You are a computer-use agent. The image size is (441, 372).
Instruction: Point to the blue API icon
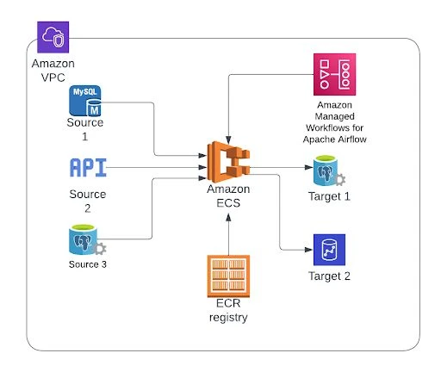pos(88,166)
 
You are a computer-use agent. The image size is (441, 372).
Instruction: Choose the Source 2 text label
pos(88,200)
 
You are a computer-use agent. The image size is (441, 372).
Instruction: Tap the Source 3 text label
pos(88,263)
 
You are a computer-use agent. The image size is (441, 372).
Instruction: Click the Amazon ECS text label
pos(229,195)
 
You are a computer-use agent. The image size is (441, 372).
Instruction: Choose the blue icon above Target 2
pos(328,250)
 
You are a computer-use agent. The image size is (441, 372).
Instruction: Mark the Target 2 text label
pos(328,276)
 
